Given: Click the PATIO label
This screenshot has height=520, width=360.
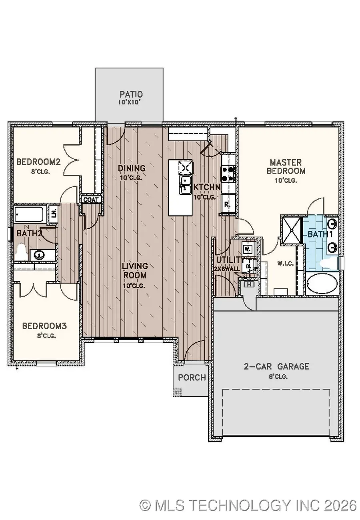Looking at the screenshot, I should click(x=131, y=95).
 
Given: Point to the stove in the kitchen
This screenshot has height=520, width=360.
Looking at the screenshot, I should click(x=228, y=174).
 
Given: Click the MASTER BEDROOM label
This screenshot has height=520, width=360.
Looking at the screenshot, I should click(x=285, y=167).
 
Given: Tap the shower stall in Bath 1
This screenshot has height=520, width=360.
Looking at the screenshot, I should click(x=292, y=230).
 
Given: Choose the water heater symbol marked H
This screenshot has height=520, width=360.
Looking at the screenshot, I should click(x=249, y=284).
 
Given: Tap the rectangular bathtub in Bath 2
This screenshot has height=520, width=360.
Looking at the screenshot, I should click(x=30, y=214).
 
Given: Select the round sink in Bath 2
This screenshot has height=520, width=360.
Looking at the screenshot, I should click(x=39, y=254).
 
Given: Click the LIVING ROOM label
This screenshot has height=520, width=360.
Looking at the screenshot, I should click(x=135, y=271).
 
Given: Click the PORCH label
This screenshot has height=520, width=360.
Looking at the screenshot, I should click(x=192, y=377).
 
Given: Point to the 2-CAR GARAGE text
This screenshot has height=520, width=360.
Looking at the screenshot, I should click(x=276, y=366).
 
